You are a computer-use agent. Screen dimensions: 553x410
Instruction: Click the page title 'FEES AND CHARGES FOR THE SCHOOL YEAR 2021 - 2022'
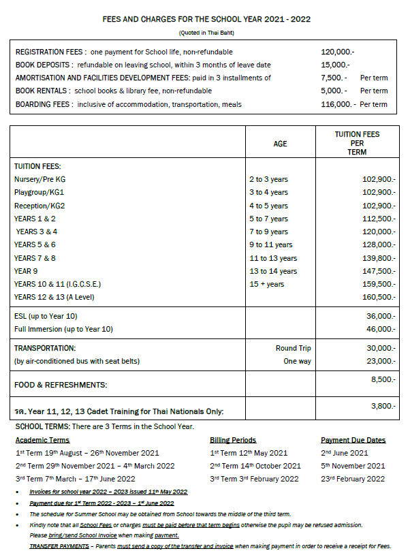[x=206, y=19]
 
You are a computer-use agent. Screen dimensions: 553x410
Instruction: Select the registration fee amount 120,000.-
[x=338, y=52]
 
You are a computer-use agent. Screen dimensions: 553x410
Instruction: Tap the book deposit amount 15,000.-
[x=335, y=65]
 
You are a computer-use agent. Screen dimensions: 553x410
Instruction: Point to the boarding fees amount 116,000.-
[x=338, y=104]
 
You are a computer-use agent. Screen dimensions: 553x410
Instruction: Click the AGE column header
[x=280, y=144]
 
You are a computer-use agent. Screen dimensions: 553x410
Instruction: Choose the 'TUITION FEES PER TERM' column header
[x=358, y=144]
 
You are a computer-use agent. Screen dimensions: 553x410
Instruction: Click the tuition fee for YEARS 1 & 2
[x=378, y=219]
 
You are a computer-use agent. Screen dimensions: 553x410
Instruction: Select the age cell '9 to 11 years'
[x=270, y=244]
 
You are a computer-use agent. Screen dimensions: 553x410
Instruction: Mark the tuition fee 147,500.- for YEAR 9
[x=378, y=271]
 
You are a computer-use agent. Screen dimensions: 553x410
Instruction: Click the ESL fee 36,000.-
[x=380, y=316]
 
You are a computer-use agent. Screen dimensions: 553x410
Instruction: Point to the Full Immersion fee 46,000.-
[x=380, y=329]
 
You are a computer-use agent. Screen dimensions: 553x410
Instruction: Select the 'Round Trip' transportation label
[x=293, y=348]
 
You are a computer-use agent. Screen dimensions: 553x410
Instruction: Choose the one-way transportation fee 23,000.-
[x=380, y=361]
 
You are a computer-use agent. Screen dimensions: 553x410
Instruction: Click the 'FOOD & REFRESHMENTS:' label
[x=61, y=385]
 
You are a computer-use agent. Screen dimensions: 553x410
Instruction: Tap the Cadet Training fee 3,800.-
[x=382, y=406]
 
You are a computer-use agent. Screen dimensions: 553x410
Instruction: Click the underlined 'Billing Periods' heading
[x=233, y=440]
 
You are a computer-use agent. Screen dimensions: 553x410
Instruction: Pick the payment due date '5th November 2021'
[x=353, y=466]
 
